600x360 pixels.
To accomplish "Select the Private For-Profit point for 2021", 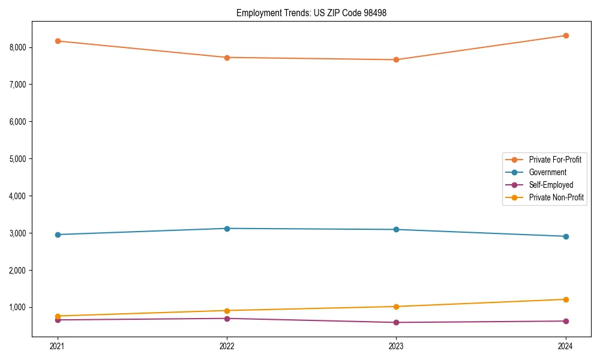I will click(x=58, y=41).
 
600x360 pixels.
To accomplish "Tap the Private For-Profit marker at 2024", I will click(x=565, y=35).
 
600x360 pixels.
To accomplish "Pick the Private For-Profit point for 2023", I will click(x=396, y=59).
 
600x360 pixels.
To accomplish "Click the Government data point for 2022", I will click(x=227, y=229).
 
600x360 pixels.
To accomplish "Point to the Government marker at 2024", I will click(x=565, y=236).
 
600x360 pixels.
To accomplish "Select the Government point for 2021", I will click(x=58, y=235).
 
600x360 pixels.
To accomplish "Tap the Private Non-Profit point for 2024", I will click(x=565, y=299).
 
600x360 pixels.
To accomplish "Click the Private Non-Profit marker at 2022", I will click(x=227, y=311).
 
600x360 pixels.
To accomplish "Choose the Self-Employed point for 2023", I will click(x=396, y=322).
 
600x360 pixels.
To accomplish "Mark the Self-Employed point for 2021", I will click(x=58, y=320).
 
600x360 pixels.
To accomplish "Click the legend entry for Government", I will click(x=547, y=172).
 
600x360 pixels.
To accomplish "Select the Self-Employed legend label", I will click(x=551, y=185).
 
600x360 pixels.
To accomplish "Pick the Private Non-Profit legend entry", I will click(x=556, y=197).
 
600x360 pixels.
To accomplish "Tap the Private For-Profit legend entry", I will click(x=555, y=160).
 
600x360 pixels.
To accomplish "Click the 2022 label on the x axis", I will click(x=227, y=346).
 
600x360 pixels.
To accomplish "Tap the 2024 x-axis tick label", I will click(x=565, y=346).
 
